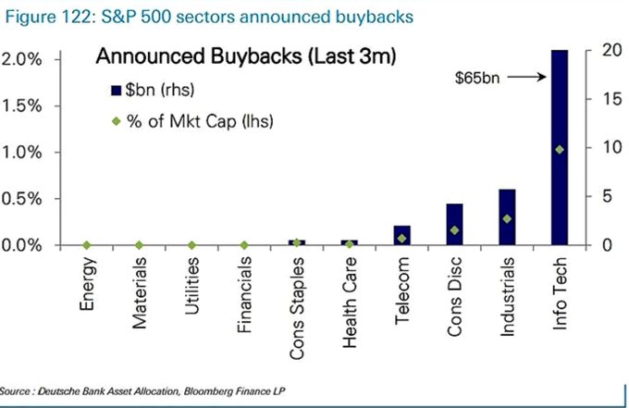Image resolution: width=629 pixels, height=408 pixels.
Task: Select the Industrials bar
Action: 506,217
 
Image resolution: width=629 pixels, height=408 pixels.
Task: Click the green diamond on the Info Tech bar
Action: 559,150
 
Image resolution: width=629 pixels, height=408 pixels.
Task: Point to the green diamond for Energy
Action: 86,245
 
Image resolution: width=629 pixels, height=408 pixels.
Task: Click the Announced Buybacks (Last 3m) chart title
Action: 246,58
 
